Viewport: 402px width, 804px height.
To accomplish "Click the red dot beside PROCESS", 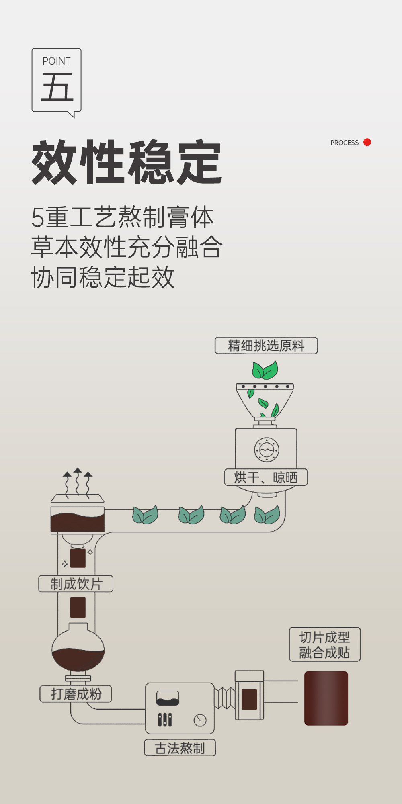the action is [x=367, y=142].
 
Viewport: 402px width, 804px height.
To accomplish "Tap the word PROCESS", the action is [x=344, y=143].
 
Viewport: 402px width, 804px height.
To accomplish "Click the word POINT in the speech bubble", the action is [x=56, y=61].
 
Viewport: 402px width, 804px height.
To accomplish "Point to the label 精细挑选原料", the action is [x=266, y=346].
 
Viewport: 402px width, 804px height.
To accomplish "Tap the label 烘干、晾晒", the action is [x=266, y=477].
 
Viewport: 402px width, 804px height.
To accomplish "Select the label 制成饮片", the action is [x=76, y=584].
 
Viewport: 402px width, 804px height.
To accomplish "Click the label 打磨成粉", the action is [x=76, y=694].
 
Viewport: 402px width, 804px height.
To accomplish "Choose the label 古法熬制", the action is [x=180, y=748].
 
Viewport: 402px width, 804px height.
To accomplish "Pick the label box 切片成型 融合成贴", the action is [x=324, y=644].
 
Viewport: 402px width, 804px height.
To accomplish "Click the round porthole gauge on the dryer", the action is [x=267, y=450].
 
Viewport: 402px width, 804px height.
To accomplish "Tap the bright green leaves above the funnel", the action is [x=265, y=370].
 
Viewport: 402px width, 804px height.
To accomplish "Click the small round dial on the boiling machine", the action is [x=200, y=720].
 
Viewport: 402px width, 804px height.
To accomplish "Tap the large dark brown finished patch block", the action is [x=326, y=698].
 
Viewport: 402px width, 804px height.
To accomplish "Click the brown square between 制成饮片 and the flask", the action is [x=78, y=607].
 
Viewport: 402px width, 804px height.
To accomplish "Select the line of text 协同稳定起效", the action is [x=103, y=277].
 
